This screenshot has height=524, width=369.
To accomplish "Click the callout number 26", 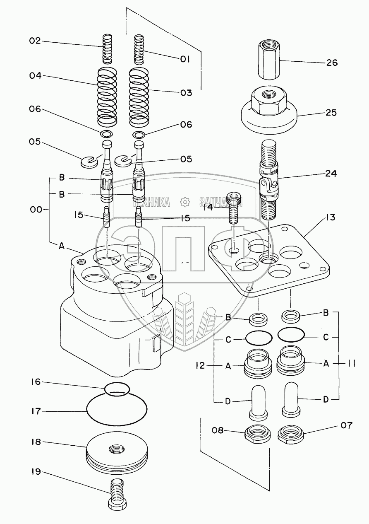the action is (x=332, y=63).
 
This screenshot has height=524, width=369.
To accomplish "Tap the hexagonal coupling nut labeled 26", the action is (x=269, y=60).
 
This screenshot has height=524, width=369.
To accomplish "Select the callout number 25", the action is (x=331, y=113).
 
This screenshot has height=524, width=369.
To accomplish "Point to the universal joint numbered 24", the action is (x=268, y=180).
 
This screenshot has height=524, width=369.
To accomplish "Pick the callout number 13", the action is (x=330, y=217).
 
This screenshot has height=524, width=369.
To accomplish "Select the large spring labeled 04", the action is (x=107, y=96).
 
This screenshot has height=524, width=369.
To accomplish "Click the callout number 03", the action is (x=186, y=93).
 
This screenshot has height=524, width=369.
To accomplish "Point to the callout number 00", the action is (x=36, y=210).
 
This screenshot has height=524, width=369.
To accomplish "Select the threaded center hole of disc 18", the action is (x=117, y=449).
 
